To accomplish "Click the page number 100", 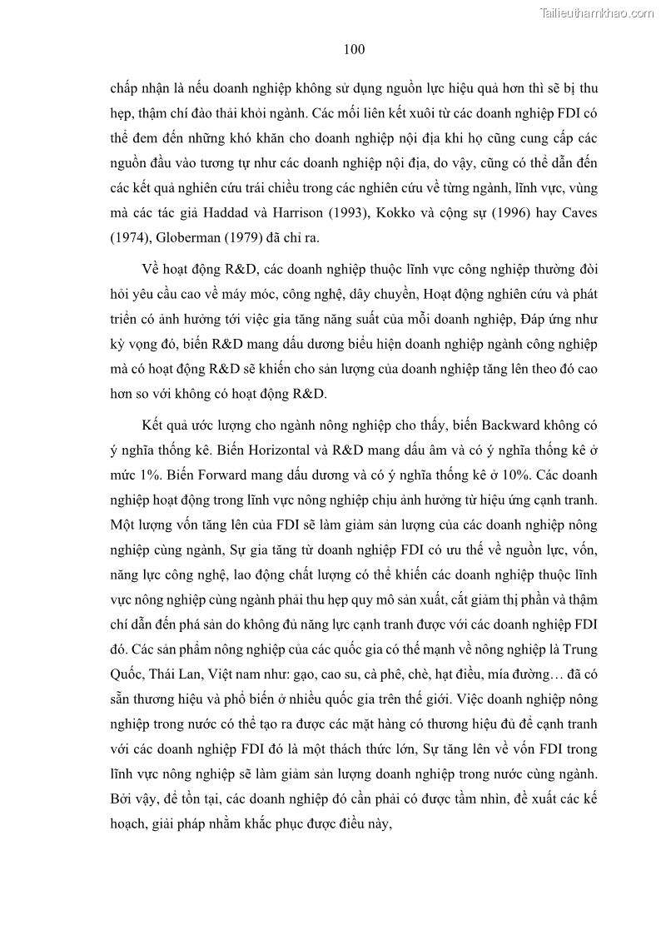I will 354,49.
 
